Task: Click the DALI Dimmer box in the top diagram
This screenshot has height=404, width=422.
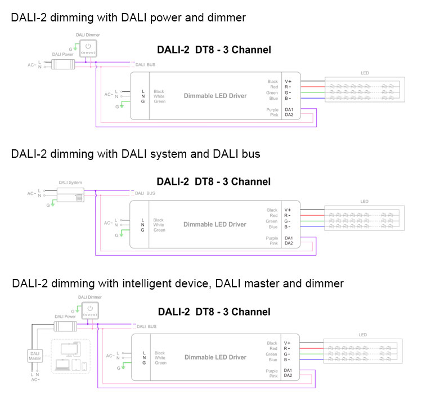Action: coord(88,48)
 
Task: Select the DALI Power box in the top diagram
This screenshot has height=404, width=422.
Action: coord(63,64)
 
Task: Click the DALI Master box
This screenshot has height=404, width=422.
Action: coord(35,356)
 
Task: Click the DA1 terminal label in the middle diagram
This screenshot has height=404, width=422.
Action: coord(289,238)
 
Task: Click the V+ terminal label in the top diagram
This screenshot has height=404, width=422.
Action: coord(288,82)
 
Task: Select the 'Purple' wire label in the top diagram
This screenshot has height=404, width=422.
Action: coord(272,109)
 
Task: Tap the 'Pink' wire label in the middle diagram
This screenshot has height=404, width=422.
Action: coord(274,244)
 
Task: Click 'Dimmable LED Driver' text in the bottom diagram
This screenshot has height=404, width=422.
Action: coord(216,357)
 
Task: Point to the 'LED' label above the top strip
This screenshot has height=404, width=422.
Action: coord(365,73)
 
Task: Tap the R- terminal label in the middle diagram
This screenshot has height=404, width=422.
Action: coord(288,216)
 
